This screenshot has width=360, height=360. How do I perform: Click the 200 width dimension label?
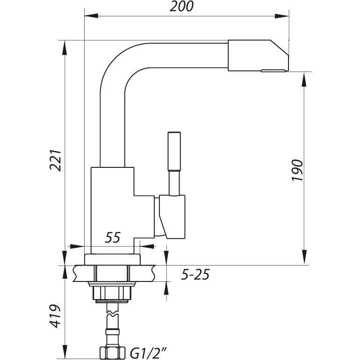click(x=181, y=7)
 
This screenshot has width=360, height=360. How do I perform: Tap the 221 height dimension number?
click(x=56, y=160)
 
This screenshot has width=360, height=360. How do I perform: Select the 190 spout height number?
click(x=297, y=170)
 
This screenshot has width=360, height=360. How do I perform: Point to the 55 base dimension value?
click(x=113, y=238)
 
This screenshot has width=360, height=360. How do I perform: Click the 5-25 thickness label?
click(x=195, y=274)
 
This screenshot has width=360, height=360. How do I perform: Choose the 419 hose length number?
click(x=55, y=316)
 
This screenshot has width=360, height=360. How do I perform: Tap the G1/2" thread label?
click(x=148, y=353)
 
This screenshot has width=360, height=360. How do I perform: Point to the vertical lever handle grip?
click(x=174, y=151)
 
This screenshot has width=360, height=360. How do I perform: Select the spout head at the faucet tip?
click(x=258, y=55)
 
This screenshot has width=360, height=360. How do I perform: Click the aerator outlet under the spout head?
click(x=274, y=71)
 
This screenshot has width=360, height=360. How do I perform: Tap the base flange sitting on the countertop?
click(x=112, y=259)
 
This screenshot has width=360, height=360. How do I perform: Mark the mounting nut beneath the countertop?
click(x=112, y=293)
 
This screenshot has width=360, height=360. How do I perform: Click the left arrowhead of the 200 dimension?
click(x=91, y=16)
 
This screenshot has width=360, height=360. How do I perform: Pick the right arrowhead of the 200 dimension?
click(x=282, y=16)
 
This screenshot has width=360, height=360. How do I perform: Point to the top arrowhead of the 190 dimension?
click(x=304, y=79)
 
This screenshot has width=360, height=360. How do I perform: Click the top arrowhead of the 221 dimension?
click(x=65, y=48)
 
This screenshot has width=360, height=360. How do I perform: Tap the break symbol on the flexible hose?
click(x=113, y=313)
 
